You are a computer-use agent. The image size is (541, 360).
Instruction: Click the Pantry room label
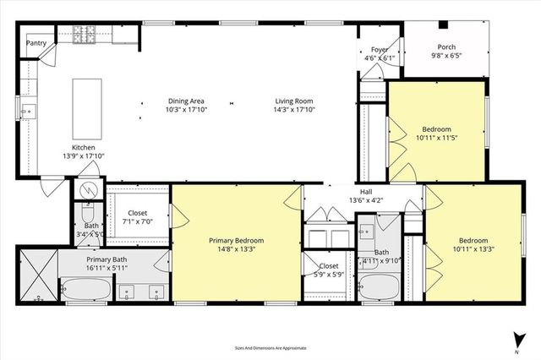36,42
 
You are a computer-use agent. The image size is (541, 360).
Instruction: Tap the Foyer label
380,50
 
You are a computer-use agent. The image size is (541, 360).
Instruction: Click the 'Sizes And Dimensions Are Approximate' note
270,347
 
